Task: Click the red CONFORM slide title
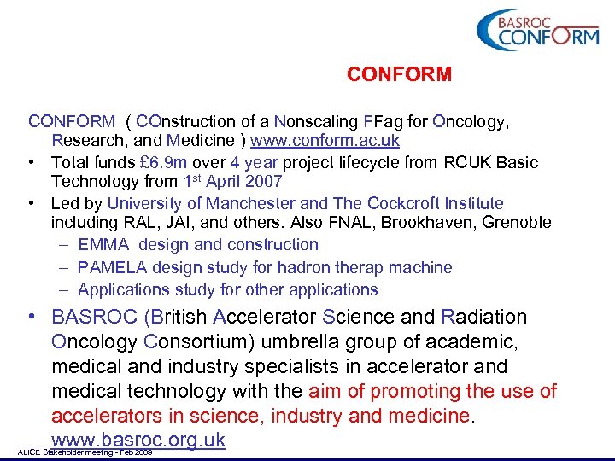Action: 399,75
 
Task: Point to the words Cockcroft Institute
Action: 435,203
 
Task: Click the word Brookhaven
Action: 429,223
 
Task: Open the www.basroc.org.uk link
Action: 138,441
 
